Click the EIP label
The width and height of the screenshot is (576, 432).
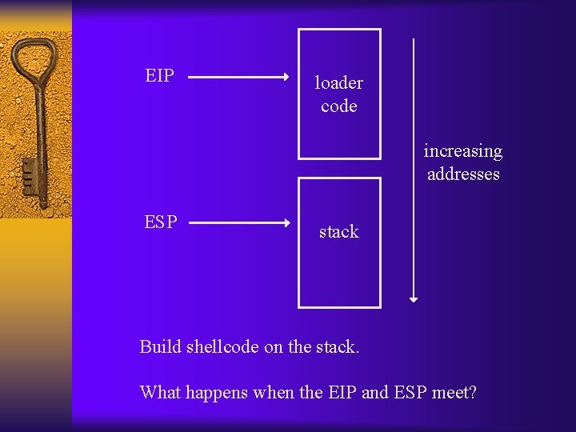point(160,76)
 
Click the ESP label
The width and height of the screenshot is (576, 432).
point(161,222)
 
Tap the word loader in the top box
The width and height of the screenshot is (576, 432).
point(338,82)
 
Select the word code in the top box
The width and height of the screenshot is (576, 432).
point(338,106)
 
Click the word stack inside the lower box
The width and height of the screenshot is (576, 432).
point(338,231)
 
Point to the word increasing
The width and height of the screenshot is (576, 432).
point(463,151)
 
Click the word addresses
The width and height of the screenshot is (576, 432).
point(463,174)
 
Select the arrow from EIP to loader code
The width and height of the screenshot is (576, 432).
point(238,78)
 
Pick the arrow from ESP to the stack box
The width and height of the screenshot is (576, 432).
point(238,223)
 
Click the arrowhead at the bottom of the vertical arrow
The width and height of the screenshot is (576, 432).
point(414,298)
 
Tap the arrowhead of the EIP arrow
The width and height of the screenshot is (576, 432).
point(286,78)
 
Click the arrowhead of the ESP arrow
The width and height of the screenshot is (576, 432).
point(286,223)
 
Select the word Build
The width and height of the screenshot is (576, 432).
point(160,346)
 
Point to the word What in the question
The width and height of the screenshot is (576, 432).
point(159,392)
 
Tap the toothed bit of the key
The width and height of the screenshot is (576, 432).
point(30,178)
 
